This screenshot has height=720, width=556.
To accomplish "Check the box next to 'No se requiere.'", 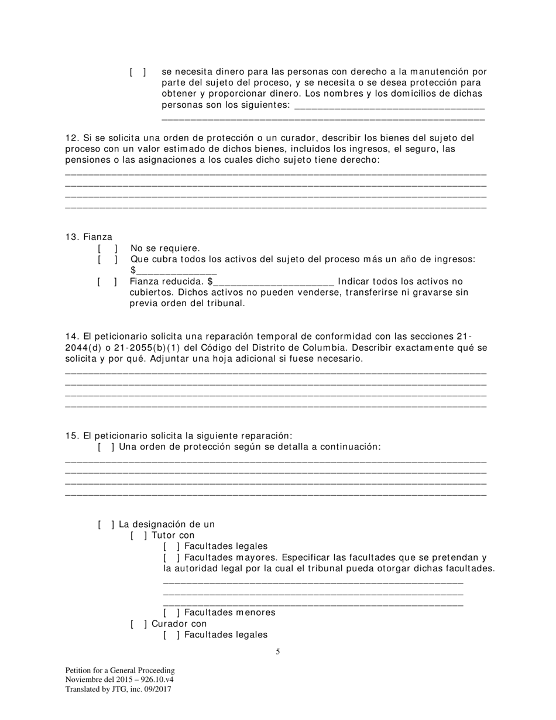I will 108,248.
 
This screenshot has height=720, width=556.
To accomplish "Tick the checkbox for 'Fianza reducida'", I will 107,282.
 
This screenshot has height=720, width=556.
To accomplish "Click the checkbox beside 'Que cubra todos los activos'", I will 108,259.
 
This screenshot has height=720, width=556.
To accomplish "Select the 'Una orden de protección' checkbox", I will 106,447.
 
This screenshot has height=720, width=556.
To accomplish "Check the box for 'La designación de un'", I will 106,524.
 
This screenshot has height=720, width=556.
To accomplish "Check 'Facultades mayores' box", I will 171,558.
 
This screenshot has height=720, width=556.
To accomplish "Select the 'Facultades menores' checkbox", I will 171,613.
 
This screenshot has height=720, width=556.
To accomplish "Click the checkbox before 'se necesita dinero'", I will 138,72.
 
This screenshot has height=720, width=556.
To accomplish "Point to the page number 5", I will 278,652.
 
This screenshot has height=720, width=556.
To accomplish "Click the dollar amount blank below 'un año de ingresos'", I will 176,271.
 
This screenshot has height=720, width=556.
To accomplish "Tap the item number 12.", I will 71,138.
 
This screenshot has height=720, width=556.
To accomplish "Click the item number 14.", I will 71,337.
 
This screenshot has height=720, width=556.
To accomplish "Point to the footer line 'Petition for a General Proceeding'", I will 120,670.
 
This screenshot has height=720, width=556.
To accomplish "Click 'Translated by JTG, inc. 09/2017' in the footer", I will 118,689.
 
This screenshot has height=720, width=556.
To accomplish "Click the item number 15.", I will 71,436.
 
